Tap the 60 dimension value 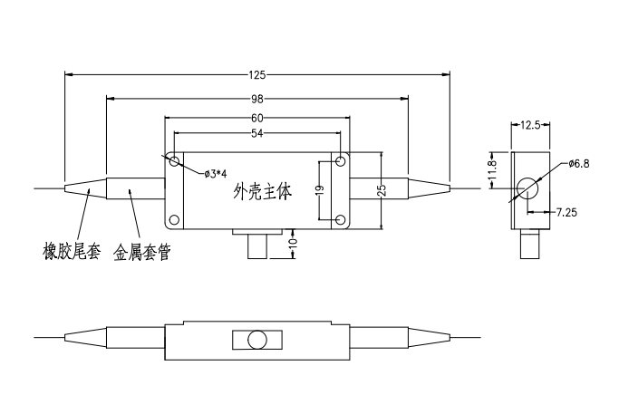[258, 119]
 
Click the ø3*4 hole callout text [217, 173]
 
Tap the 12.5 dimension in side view [531, 126]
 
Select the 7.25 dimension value [566, 211]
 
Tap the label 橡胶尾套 [70, 251]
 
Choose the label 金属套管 [141, 251]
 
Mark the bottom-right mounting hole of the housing [339, 220]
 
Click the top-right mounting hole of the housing [339, 160]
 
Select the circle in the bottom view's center [257, 340]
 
